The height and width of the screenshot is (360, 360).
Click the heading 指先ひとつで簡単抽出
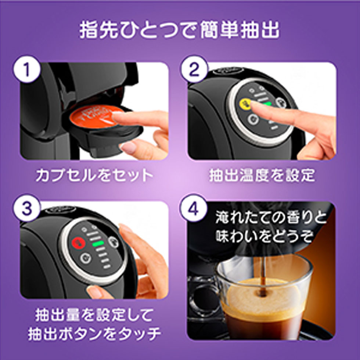(x=180, y=30)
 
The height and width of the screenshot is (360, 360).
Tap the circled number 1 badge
(x=26, y=70)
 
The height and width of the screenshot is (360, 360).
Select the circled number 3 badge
(x=26, y=208)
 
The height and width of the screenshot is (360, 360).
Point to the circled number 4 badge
(x=194, y=208)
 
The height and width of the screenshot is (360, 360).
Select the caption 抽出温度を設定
(x=262, y=175)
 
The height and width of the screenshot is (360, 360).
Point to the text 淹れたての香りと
(x=271, y=219)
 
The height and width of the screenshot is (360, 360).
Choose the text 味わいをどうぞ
(x=264, y=236)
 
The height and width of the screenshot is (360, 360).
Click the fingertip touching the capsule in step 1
(x=118, y=117)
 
